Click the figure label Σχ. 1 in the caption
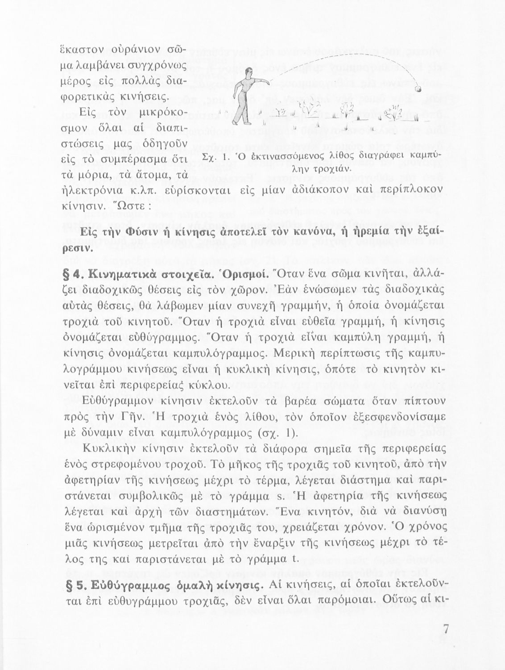pos(209,156)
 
